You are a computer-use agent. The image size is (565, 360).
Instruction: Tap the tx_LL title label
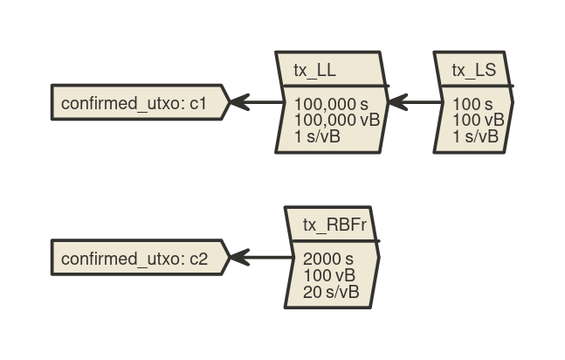[x=314, y=71]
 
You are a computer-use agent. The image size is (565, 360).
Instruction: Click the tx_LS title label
[x=473, y=71]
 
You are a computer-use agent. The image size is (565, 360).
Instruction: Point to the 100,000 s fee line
[x=331, y=104]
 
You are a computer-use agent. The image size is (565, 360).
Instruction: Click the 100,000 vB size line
[x=337, y=120]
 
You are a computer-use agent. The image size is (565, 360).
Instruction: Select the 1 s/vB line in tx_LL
[x=317, y=136]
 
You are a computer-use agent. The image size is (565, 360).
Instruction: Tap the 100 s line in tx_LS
[x=472, y=104]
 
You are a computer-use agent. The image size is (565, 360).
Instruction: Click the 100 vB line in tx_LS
[x=478, y=120]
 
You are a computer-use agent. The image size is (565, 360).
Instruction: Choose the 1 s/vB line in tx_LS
[x=475, y=136]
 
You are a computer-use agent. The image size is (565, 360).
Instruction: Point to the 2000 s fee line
[x=328, y=259]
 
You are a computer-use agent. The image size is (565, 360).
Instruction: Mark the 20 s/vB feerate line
[x=331, y=292]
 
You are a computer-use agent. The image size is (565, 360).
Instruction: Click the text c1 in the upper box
[x=198, y=105]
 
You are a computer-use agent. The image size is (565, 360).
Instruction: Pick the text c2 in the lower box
[x=198, y=260]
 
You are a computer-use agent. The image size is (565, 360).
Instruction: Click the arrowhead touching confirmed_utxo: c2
[x=238, y=259]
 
